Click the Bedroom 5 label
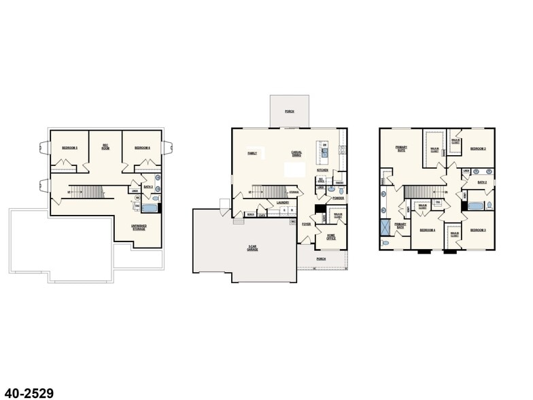click(70, 148)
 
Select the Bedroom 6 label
click(141, 148)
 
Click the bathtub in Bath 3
click(152, 199)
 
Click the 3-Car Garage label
click(252, 249)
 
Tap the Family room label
click(252, 153)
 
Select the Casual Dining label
click(296, 154)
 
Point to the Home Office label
click(331, 237)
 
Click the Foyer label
click(307, 223)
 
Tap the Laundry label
click(283, 202)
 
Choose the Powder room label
click(338, 198)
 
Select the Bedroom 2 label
click(478, 148)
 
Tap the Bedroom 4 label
click(426, 230)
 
